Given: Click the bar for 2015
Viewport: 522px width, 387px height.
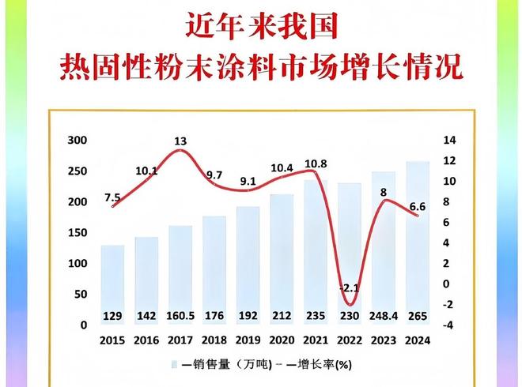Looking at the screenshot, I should [x=113, y=284].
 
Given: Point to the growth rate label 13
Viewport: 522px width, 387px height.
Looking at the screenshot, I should [x=180, y=141].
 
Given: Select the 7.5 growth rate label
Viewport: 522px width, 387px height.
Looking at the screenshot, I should [x=112, y=197].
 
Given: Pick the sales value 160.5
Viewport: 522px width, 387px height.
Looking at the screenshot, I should [x=180, y=317].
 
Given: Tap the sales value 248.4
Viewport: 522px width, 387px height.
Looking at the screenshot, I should [x=384, y=317].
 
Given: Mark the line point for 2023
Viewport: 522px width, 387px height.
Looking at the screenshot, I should [x=384, y=201].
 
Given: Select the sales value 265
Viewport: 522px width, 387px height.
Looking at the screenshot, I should [x=418, y=317].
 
